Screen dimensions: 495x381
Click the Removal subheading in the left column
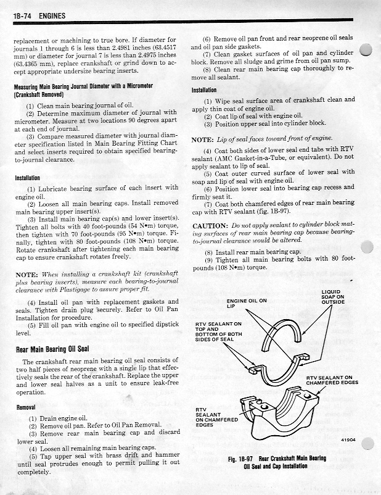(x=25, y=407)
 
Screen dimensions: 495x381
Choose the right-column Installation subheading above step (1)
(x=208, y=90)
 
